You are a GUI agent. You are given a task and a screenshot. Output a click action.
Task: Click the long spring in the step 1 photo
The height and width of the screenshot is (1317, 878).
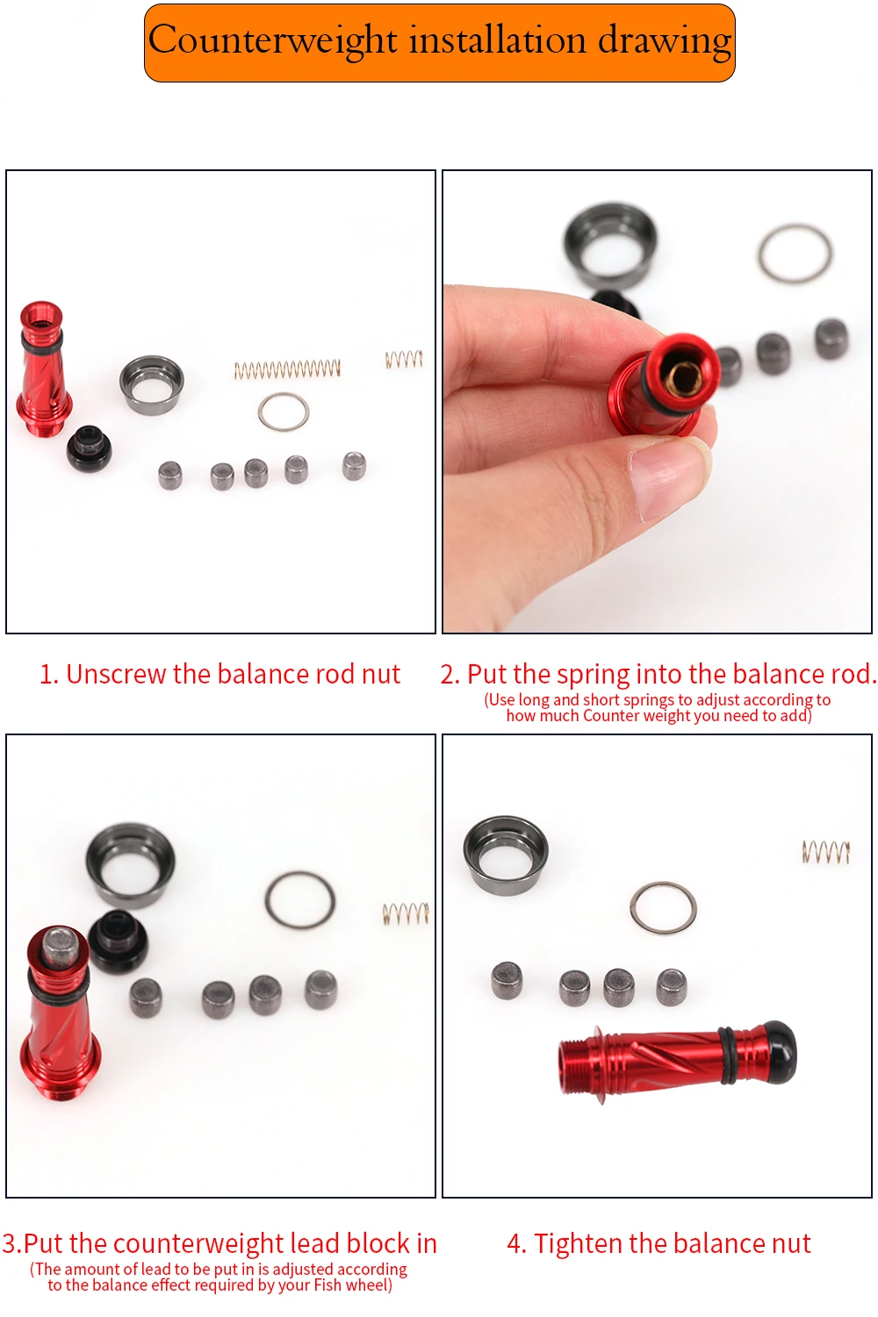pos(287,369)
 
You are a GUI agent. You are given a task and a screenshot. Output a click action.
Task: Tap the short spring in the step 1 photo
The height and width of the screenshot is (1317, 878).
pos(404,359)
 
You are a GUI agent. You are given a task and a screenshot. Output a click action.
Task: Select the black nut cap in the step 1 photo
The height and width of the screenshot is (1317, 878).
pos(89,448)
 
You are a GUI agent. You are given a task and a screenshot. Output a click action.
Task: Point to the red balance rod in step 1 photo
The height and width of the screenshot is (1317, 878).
pos(42,369)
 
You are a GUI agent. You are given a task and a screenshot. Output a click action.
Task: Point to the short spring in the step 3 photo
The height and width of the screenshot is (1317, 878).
pos(406,913)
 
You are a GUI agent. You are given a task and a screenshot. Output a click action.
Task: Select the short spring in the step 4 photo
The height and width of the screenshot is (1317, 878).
pos(825,852)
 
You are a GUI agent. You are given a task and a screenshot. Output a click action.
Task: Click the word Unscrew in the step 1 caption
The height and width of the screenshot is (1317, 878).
pos(116,674)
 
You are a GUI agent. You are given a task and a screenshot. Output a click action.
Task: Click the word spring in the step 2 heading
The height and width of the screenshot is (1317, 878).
pos(594,676)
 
